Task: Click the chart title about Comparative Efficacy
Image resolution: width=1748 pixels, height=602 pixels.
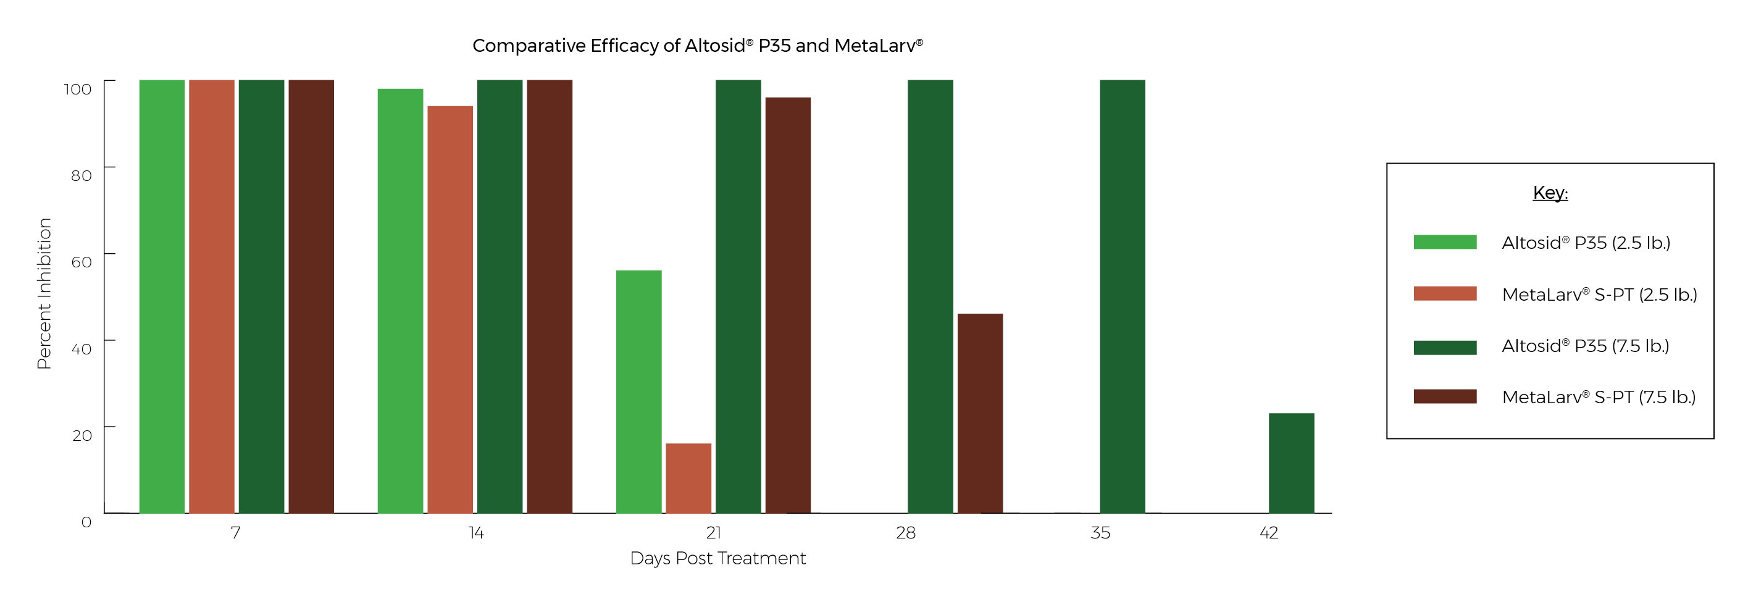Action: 698,46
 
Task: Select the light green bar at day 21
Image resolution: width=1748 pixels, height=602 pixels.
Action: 638,391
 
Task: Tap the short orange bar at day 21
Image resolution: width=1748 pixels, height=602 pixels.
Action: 688,478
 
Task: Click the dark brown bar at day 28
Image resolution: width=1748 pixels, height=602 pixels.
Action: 980,412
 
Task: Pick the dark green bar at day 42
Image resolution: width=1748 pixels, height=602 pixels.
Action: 1291,463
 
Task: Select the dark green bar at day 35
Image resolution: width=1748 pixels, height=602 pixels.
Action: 1123,296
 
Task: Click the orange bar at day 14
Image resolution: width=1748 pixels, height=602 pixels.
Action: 450,309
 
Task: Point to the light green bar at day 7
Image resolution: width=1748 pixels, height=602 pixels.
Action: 162,296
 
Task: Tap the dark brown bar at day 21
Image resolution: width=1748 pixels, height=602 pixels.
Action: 788,305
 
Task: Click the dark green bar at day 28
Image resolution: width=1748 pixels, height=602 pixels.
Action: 930,296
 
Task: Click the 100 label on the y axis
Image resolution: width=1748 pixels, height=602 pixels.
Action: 77,89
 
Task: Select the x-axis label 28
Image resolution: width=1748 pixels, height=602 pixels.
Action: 905,533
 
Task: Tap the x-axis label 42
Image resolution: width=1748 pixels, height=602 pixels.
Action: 1269,533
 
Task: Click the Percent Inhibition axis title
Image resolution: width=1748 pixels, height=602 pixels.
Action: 44,293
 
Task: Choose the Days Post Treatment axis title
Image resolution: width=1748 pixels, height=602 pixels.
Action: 717,559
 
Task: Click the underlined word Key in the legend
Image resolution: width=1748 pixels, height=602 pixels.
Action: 1550,193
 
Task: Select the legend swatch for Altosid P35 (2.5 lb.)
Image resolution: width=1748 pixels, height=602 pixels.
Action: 1445,242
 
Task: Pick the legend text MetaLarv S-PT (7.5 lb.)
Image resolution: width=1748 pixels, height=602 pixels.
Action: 1598,397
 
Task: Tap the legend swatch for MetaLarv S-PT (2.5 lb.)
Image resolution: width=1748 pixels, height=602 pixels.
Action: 1445,294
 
